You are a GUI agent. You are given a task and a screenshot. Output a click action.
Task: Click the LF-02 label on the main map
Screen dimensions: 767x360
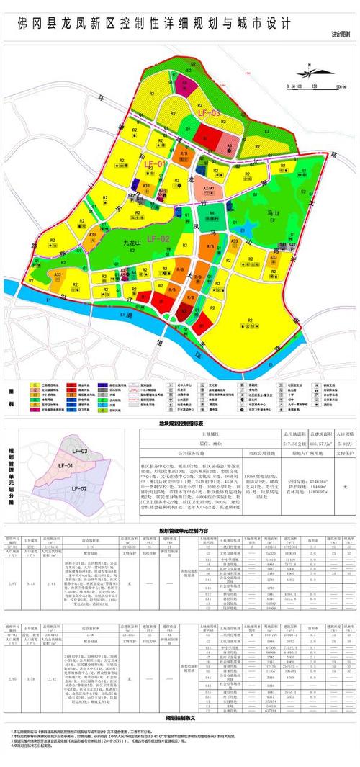tap(158, 238)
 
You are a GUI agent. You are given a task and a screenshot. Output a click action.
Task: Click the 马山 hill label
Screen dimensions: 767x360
tap(272, 214)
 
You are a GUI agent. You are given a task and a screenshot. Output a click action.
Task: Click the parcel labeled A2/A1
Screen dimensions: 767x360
tap(209, 188)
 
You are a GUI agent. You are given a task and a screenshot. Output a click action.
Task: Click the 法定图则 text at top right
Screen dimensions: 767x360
tap(341, 35)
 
